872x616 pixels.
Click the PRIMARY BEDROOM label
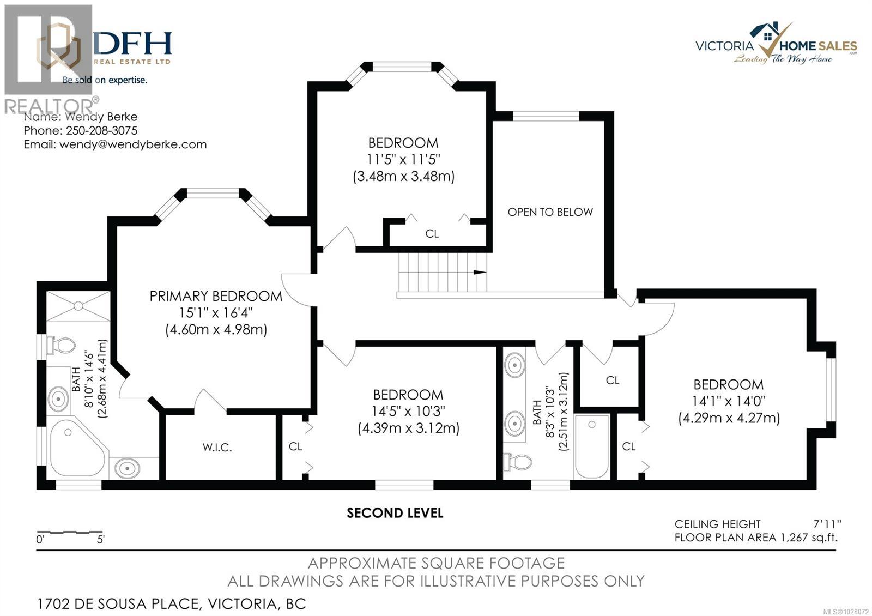(216, 296)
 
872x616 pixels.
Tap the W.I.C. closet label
(217, 448)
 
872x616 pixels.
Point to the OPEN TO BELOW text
(550, 212)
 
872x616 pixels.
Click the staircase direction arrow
(480, 272)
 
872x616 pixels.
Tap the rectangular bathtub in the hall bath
(592, 447)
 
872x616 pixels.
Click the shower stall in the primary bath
(78, 306)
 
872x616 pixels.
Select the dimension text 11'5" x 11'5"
(403, 160)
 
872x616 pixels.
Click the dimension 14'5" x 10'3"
(408, 411)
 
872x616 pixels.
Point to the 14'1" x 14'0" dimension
(729, 401)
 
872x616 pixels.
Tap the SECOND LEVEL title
(395, 513)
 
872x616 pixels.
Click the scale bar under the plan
(70, 532)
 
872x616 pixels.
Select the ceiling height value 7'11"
(827, 524)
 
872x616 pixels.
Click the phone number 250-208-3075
(101, 131)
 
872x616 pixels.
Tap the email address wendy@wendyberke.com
(133, 144)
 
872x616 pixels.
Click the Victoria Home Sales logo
(776, 44)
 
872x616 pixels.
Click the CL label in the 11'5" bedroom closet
(432, 234)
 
